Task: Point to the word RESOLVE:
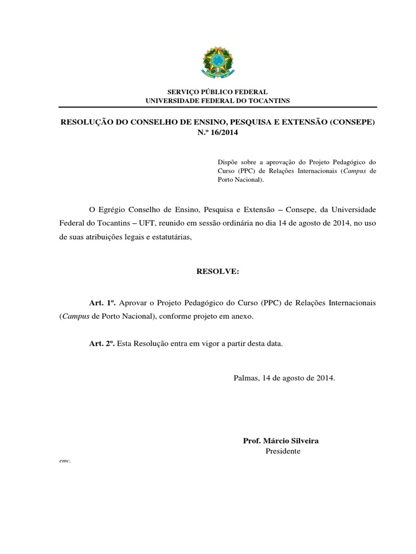tap(217, 271)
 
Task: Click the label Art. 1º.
tap(103, 302)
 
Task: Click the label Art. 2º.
tap(103, 344)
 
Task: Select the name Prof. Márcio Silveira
tap(281, 441)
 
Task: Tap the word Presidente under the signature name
tap(283, 451)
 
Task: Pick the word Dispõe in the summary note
tap(227, 161)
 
